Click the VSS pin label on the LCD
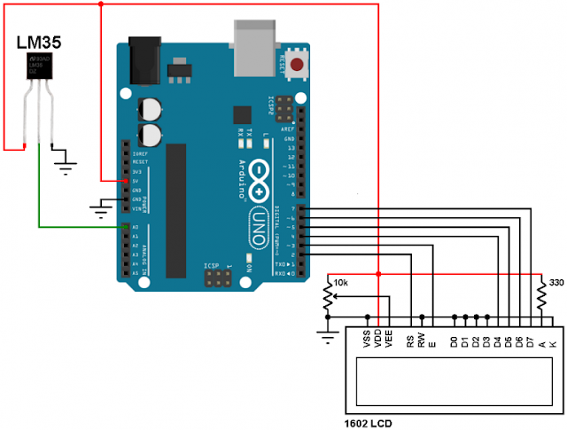point(367,340)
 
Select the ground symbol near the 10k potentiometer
point(328,335)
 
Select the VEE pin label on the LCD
point(388,340)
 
